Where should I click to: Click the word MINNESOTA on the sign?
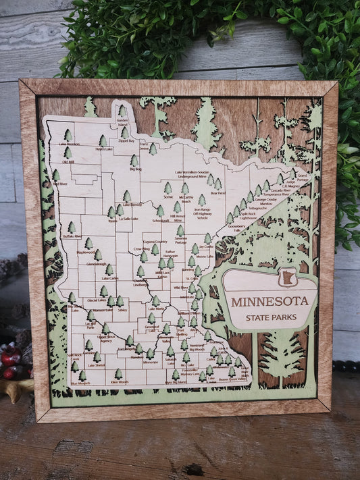click(273, 301)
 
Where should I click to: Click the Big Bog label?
click(134, 170)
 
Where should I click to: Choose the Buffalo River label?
click(72, 237)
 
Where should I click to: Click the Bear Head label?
click(217, 192)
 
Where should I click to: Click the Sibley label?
click(122, 310)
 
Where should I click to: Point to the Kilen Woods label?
click(119, 382)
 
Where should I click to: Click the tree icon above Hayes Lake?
click(103, 140)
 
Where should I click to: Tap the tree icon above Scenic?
click(168, 188)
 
